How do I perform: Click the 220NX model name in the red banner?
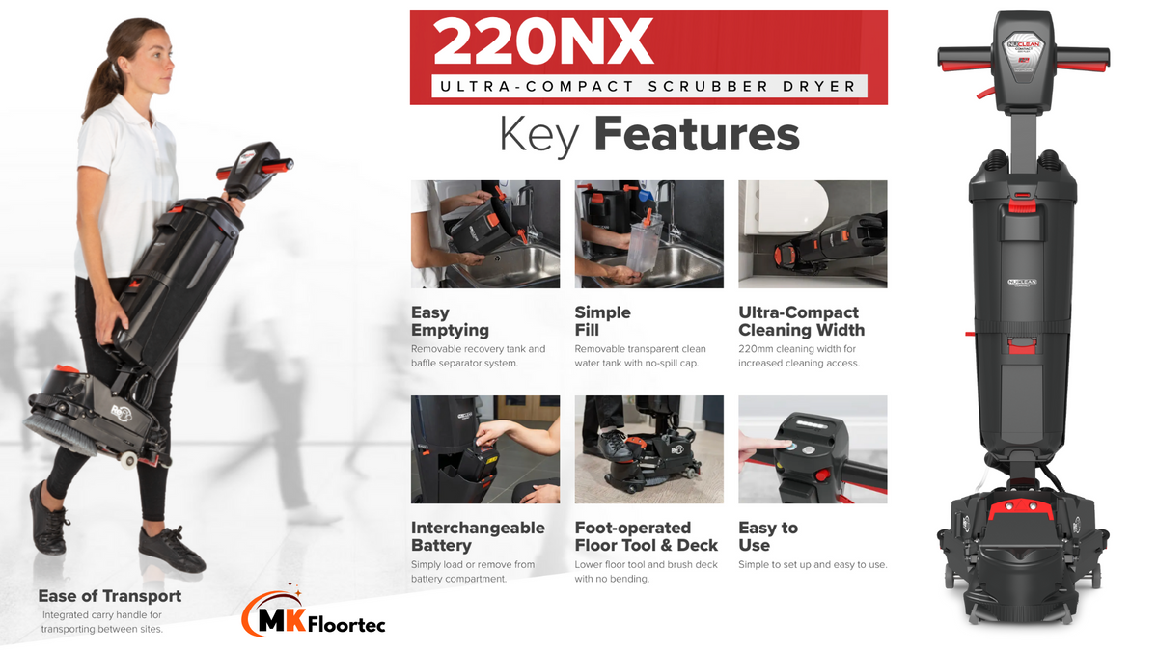click(x=542, y=41)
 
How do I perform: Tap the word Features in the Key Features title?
click(x=697, y=134)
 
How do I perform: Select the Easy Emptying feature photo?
click(x=484, y=234)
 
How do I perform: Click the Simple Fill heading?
click(x=603, y=321)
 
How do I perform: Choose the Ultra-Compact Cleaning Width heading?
click(x=801, y=321)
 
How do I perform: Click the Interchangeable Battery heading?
click(x=478, y=536)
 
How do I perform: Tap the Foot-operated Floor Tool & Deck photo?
click(x=648, y=449)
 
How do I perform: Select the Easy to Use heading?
click(x=768, y=536)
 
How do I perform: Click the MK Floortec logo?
click(x=314, y=612)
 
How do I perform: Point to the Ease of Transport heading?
click(x=110, y=596)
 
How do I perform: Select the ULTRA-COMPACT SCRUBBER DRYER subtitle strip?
click(x=648, y=86)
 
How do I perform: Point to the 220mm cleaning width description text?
click(x=799, y=356)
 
